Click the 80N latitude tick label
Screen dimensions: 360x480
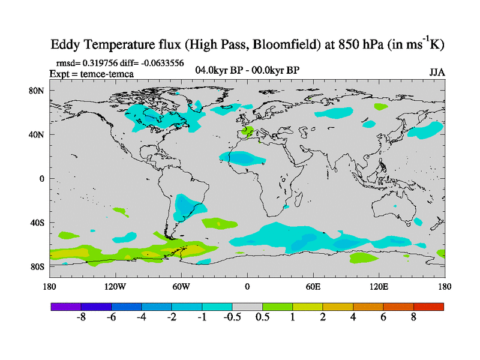coord(38,91)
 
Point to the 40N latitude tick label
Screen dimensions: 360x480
coord(38,134)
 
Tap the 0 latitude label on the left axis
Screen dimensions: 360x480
coord(42,178)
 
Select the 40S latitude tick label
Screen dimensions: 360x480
coord(38,223)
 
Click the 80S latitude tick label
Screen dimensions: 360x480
coord(38,266)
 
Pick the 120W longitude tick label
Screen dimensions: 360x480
coord(115,287)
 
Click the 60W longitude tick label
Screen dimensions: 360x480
coord(181,287)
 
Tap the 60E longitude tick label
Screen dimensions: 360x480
coord(313,287)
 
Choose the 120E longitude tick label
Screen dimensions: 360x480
coord(379,287)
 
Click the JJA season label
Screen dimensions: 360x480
coord(437,72)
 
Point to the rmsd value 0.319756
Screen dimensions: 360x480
coord(101,63)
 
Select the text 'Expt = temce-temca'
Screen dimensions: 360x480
coord(91,73)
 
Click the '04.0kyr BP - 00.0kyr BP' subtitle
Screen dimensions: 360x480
coord(247,70)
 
